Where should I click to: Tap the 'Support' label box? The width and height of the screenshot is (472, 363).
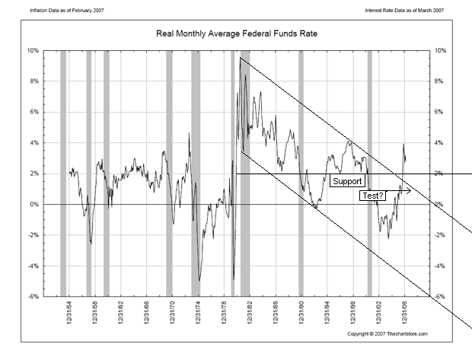coord(347,182)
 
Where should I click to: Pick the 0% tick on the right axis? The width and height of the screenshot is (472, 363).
coord(440,205)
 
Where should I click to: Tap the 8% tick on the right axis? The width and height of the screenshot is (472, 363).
coord(440,81)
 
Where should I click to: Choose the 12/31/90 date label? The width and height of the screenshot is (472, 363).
coord(301,315)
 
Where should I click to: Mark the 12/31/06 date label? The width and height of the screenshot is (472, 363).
coord(405,315)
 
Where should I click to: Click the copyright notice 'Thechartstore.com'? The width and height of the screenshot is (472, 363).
coord(387,334)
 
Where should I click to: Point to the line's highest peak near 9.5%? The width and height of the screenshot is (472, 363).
coord(240,59)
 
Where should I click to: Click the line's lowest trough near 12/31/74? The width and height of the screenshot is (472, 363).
coord(199,280)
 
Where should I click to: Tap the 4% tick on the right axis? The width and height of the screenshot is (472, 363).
coord(440,143)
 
